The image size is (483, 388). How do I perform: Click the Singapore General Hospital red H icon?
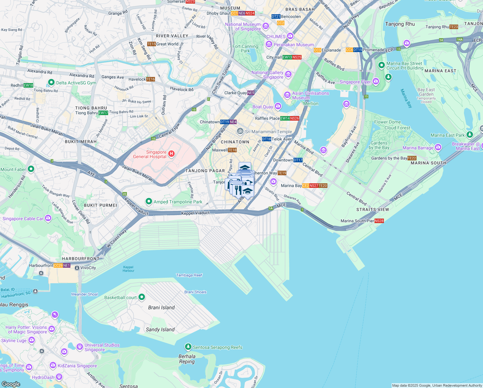coord(171,154)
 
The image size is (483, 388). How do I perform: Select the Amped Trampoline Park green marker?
coord(149,201)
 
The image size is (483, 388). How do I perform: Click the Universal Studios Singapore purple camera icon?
coord(80,347)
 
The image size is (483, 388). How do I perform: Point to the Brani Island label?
coord(161,307)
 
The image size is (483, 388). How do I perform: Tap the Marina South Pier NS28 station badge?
coord(379,221)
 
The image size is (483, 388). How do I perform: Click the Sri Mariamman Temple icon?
coord(240,131)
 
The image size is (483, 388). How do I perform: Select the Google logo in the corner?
coord(11,384)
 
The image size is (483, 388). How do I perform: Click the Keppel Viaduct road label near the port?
coord(195,213)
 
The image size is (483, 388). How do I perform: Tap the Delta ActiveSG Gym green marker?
coord(51,82)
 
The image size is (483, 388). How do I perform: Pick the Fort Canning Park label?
coord(245,48)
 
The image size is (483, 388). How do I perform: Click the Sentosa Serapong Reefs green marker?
coord(188,347)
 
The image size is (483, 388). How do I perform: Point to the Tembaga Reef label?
coord(189,275)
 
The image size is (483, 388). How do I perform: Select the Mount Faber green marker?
coord(31,169)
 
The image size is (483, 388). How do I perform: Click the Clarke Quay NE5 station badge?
coord(251,93)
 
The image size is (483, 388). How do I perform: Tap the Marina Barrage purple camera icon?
coord(438,147)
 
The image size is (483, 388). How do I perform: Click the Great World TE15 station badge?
coord(151,44)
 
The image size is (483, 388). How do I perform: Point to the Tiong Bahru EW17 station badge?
coord(103,113)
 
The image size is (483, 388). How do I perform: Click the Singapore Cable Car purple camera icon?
coord(48,218)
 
